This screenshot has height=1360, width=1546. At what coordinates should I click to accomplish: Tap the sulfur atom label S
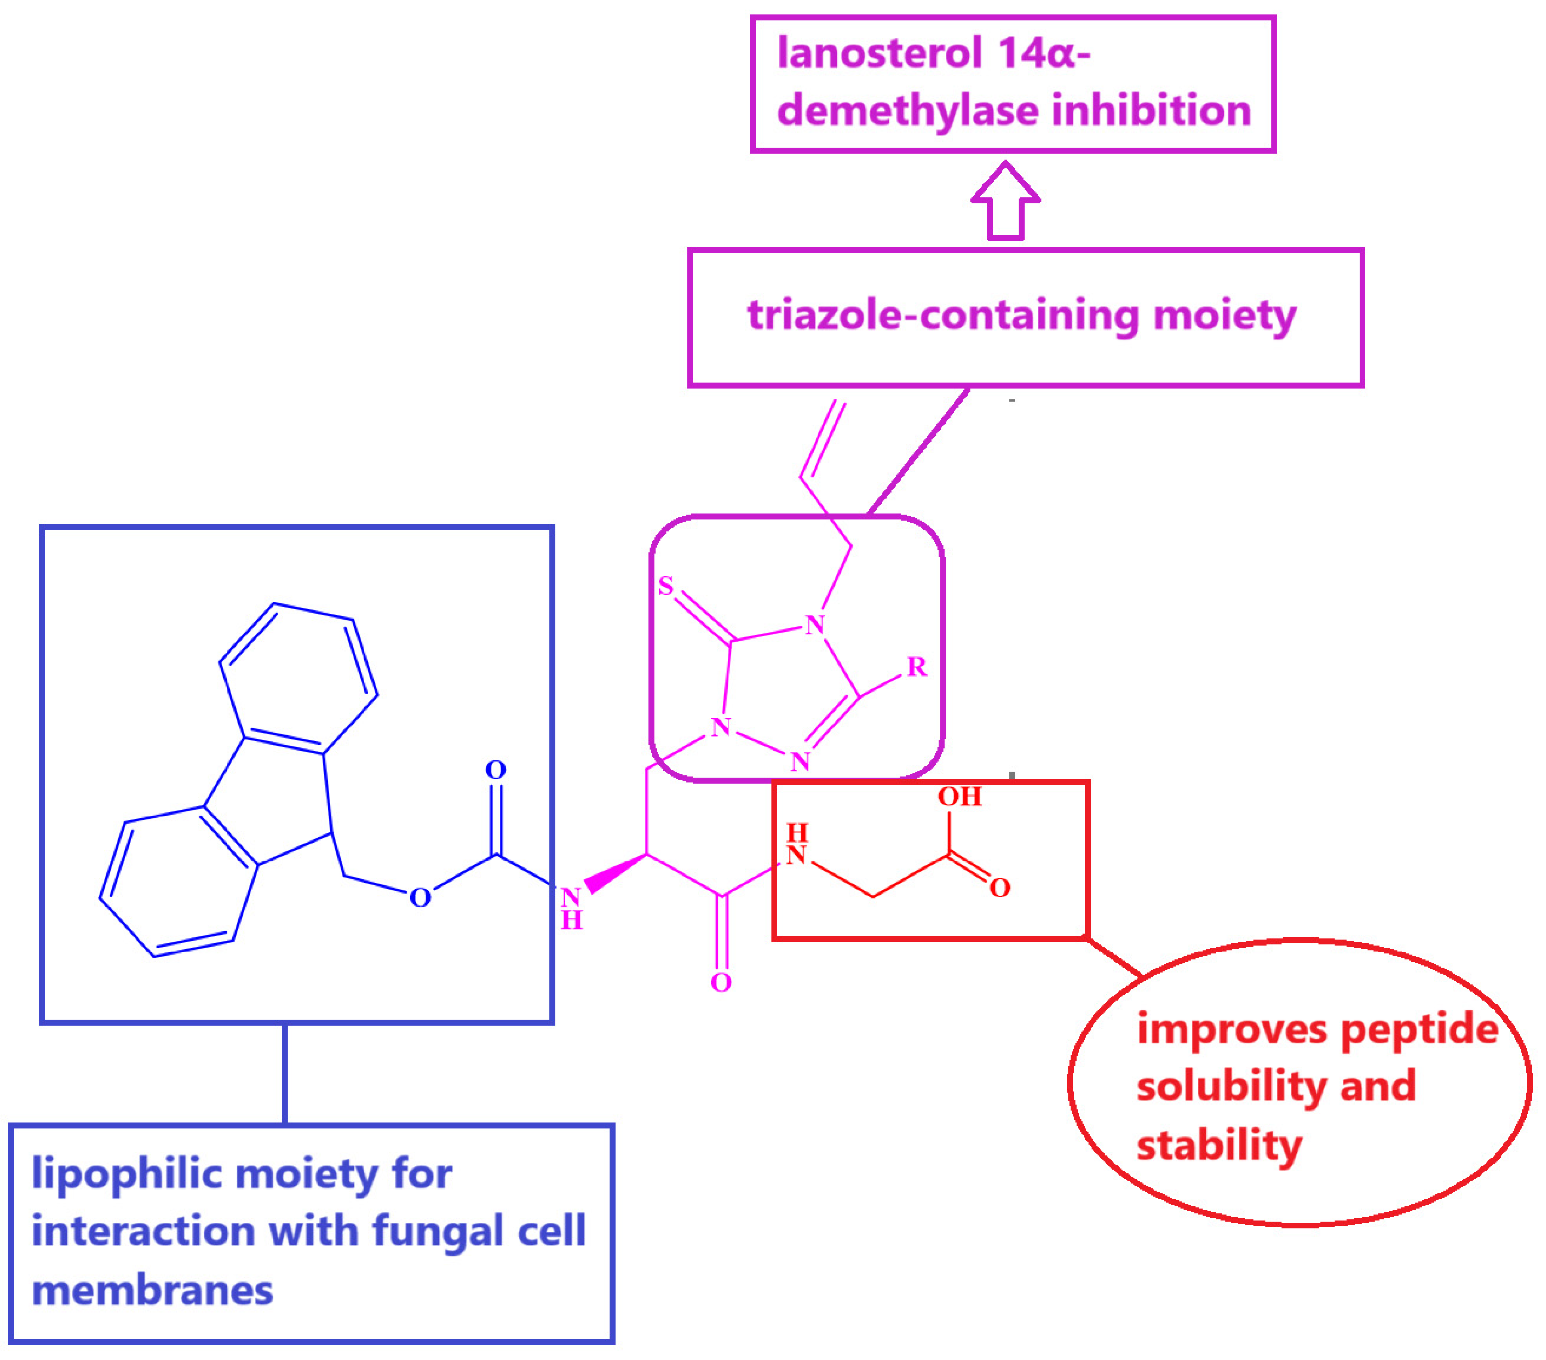tap(666, 586)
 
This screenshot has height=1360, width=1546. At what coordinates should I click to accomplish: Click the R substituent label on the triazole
tap(917, 666)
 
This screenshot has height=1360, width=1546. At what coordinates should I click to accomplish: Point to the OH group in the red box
tap(959, 797)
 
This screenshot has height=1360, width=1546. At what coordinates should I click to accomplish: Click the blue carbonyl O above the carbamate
tap(496, 770)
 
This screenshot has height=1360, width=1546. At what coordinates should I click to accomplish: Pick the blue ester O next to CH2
tap(420, 898)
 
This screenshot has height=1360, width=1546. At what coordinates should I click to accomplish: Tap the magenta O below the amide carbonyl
tap(721, 983)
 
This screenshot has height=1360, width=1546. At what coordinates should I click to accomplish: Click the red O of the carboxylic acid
tap(1000, 888)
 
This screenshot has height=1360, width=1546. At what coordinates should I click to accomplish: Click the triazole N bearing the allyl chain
tap(814, 625)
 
